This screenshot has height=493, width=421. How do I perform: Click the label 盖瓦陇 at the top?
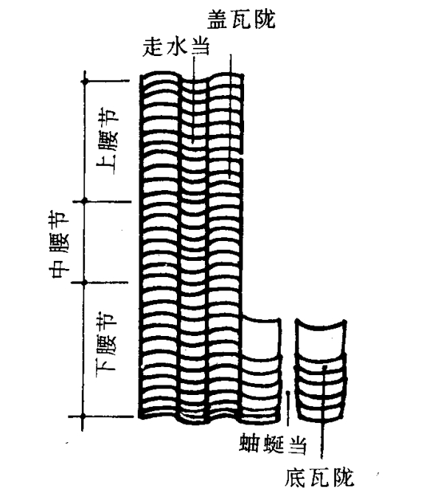(241, 19)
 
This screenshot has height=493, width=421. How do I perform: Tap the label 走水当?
(176, 48)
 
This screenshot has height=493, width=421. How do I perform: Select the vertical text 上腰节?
(108, 143)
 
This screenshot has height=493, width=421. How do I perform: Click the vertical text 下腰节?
(106, 341)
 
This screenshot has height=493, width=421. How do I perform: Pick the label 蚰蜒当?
(273, 444)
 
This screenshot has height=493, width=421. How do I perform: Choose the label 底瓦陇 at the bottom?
(319, 478)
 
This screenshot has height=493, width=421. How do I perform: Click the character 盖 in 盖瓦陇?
(218, 19)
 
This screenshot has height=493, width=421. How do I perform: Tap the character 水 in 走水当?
(176, 48)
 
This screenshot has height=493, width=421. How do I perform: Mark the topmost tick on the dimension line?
(85, 82)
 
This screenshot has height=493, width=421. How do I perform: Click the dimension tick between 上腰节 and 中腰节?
(84, 200)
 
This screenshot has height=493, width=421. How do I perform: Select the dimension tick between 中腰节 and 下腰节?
(84, 283)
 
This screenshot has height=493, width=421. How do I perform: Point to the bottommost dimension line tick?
(83, 416)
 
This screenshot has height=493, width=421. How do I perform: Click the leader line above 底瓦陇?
(323, 413)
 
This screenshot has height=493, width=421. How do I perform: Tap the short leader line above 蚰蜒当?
(288, 408)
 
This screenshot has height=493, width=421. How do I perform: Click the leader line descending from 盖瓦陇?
(231, 117)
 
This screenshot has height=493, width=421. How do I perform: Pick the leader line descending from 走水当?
(194, 100)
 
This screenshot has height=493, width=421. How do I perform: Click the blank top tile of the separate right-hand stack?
(321, 338)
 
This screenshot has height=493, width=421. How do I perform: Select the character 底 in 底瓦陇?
(296, 478)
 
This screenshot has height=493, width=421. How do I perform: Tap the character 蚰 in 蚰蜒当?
(250, 444)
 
